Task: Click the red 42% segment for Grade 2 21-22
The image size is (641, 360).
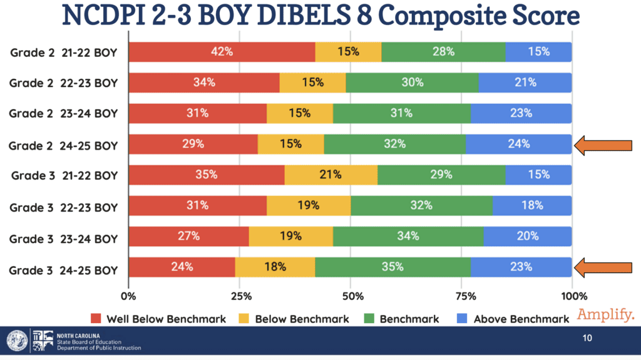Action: [x=222, y=52]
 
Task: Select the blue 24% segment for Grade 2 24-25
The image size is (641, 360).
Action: [x=518, y=144]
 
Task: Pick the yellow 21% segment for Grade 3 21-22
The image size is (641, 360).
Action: [x=331, y=175]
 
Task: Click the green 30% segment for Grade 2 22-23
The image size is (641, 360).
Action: [x=412, y=83]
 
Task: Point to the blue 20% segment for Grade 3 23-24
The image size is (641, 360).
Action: [x=527, y=236]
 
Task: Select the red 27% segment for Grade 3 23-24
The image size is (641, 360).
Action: [x=188, y=236]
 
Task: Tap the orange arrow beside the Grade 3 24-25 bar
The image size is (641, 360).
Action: [x=604, y=267]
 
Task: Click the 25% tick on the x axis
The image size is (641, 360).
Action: [x=239, y=296]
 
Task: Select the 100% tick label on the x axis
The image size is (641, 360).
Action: [x=572, y=296]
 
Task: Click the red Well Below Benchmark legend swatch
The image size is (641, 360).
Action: [x=96, y=319]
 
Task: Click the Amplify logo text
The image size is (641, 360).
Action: [x=606, y=314]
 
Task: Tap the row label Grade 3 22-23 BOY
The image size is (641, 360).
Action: [x=64, y=205]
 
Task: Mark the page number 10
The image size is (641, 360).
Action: [x=587, y=339]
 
